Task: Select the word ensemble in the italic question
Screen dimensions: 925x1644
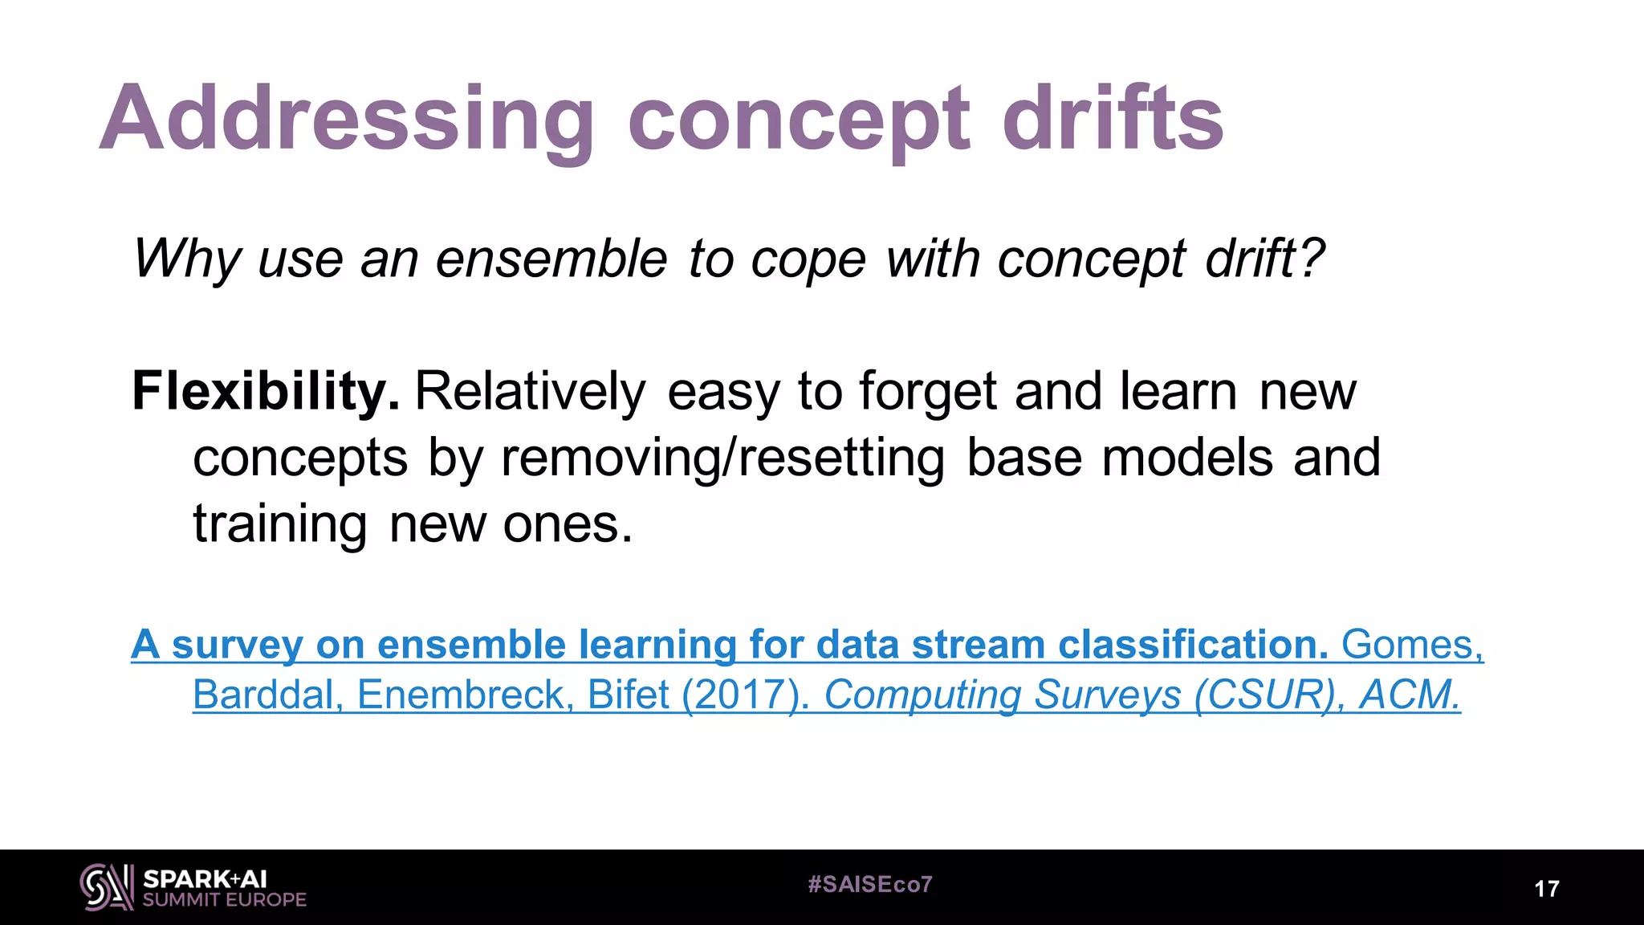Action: (x=551, y=259)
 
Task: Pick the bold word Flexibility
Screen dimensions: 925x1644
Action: (x=265, y=392)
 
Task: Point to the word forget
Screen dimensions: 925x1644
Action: (x=928, y=392)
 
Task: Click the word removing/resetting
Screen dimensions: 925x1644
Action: (x=722, y=458)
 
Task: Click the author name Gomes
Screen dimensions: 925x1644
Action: (x=1411, y=645)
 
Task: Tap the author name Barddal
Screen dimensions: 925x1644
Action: (x=268, y=695)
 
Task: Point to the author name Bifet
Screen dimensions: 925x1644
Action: (x=628, y=695)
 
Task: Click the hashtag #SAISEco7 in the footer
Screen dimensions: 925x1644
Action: (x=870, y=885)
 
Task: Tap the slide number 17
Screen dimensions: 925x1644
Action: (x=1546, y=889)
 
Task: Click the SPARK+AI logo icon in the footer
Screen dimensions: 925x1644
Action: (x=106, y=887)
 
